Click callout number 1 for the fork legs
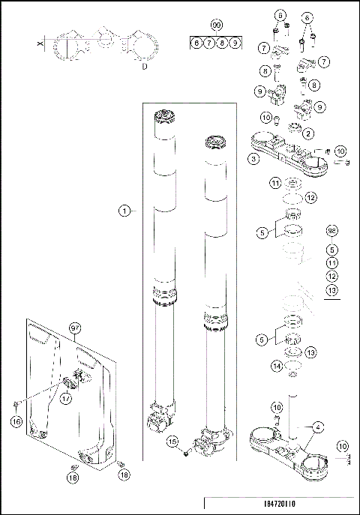coord(124,211)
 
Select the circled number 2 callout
coord(308,133)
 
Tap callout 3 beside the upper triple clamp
coord(254,159)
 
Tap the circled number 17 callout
coord(66,400)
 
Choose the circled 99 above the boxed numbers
coord(217,25)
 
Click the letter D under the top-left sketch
coord(143,65)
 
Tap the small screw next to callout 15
coord(187,451)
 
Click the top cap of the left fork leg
coord(165,117)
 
